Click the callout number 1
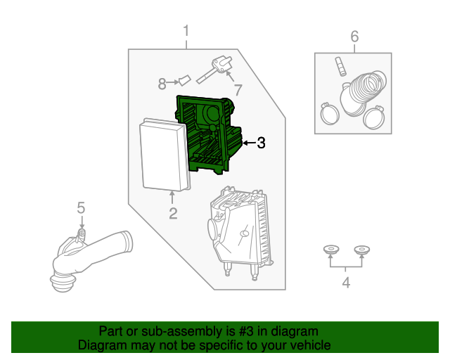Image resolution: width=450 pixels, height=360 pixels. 186,31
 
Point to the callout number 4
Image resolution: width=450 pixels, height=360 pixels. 345,283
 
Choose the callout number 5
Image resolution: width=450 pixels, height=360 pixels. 81,207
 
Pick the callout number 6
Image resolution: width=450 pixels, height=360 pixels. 354,36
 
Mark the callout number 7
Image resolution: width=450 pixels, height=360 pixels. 238,90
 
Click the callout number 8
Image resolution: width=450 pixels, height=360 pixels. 162,84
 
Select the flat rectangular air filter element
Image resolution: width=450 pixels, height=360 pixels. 165,155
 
